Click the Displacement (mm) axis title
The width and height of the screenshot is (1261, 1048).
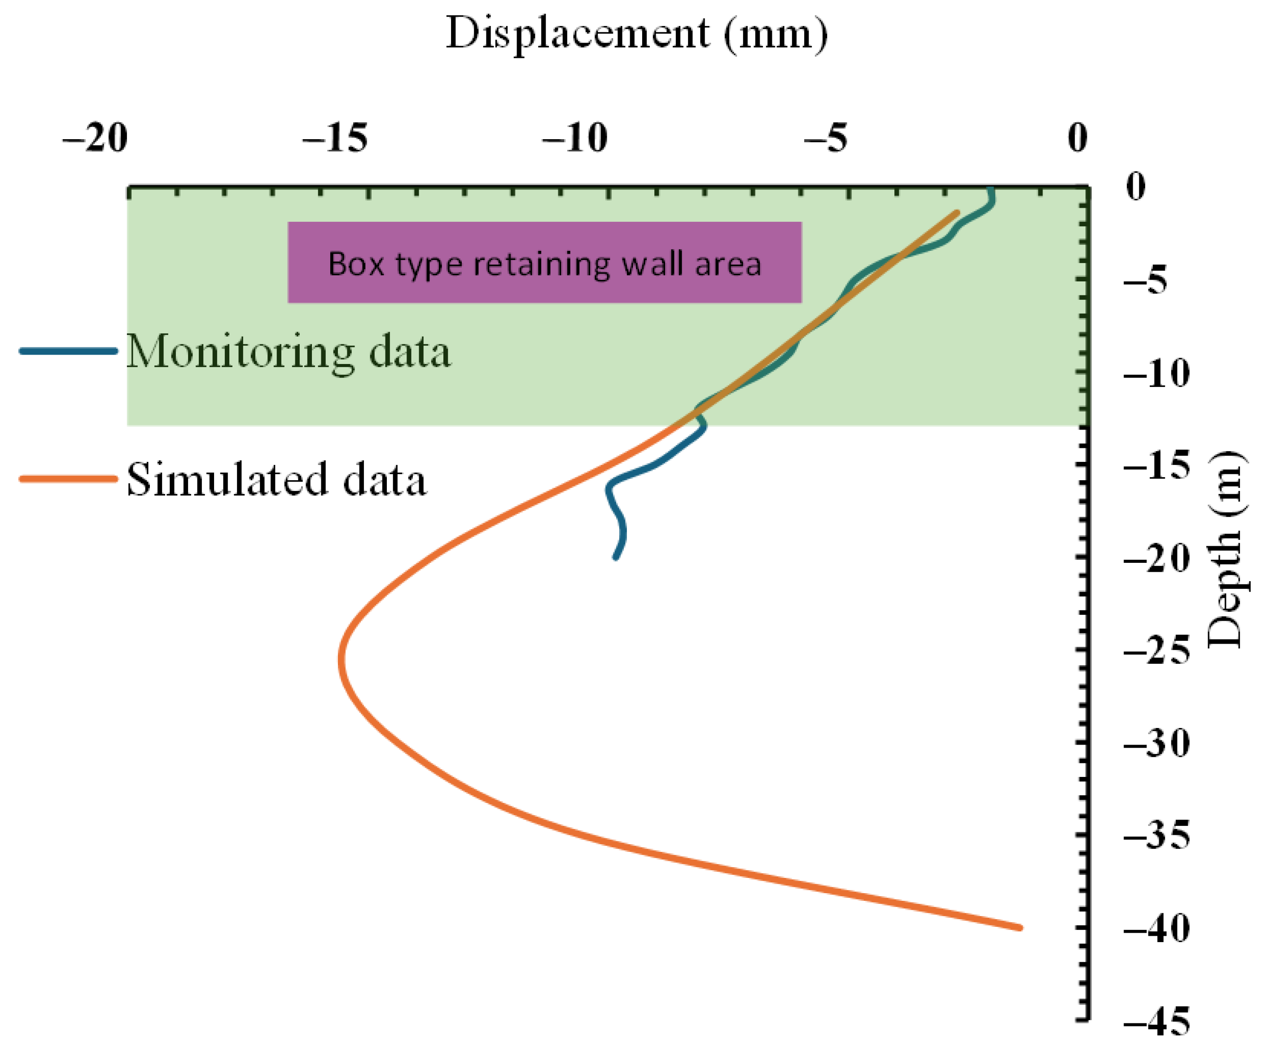(636, 34)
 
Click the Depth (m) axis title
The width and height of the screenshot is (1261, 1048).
(1225, 549)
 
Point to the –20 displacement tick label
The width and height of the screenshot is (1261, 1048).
(95, 138)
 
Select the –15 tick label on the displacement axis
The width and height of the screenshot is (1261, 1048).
(334, 138)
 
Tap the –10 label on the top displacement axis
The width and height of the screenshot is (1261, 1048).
(575, 138)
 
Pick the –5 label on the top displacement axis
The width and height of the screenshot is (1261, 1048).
(826, 138)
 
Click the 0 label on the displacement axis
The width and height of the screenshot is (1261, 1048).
(1077, 138)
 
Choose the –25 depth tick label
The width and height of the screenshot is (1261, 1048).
(1156, 650)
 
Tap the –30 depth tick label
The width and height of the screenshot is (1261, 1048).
(1156, 744)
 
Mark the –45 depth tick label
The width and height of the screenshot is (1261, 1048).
(1156, 1021)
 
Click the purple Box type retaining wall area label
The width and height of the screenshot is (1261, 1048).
(545, 263)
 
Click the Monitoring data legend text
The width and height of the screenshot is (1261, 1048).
(288, 352)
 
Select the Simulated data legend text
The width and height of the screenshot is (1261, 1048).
(276, 480)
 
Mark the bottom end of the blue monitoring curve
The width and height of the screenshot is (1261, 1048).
(615, 558)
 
